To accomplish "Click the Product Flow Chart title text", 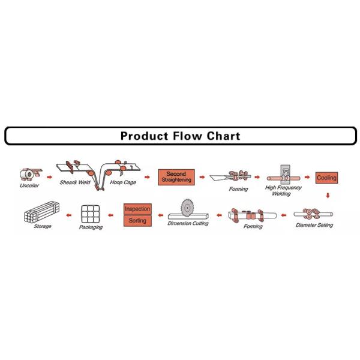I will (180, 136).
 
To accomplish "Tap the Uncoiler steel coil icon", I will (28, 175).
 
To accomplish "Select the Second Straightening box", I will (176, 177).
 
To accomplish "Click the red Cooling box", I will (327, 178).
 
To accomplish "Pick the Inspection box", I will (137, 209).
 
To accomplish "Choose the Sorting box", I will (137, 220).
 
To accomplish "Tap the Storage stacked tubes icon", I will (43, 213).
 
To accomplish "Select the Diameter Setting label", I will (315, 226).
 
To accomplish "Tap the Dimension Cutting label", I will (188, 223).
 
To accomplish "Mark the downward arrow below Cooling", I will (328, 195).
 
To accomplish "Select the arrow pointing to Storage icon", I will (68, 214).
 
